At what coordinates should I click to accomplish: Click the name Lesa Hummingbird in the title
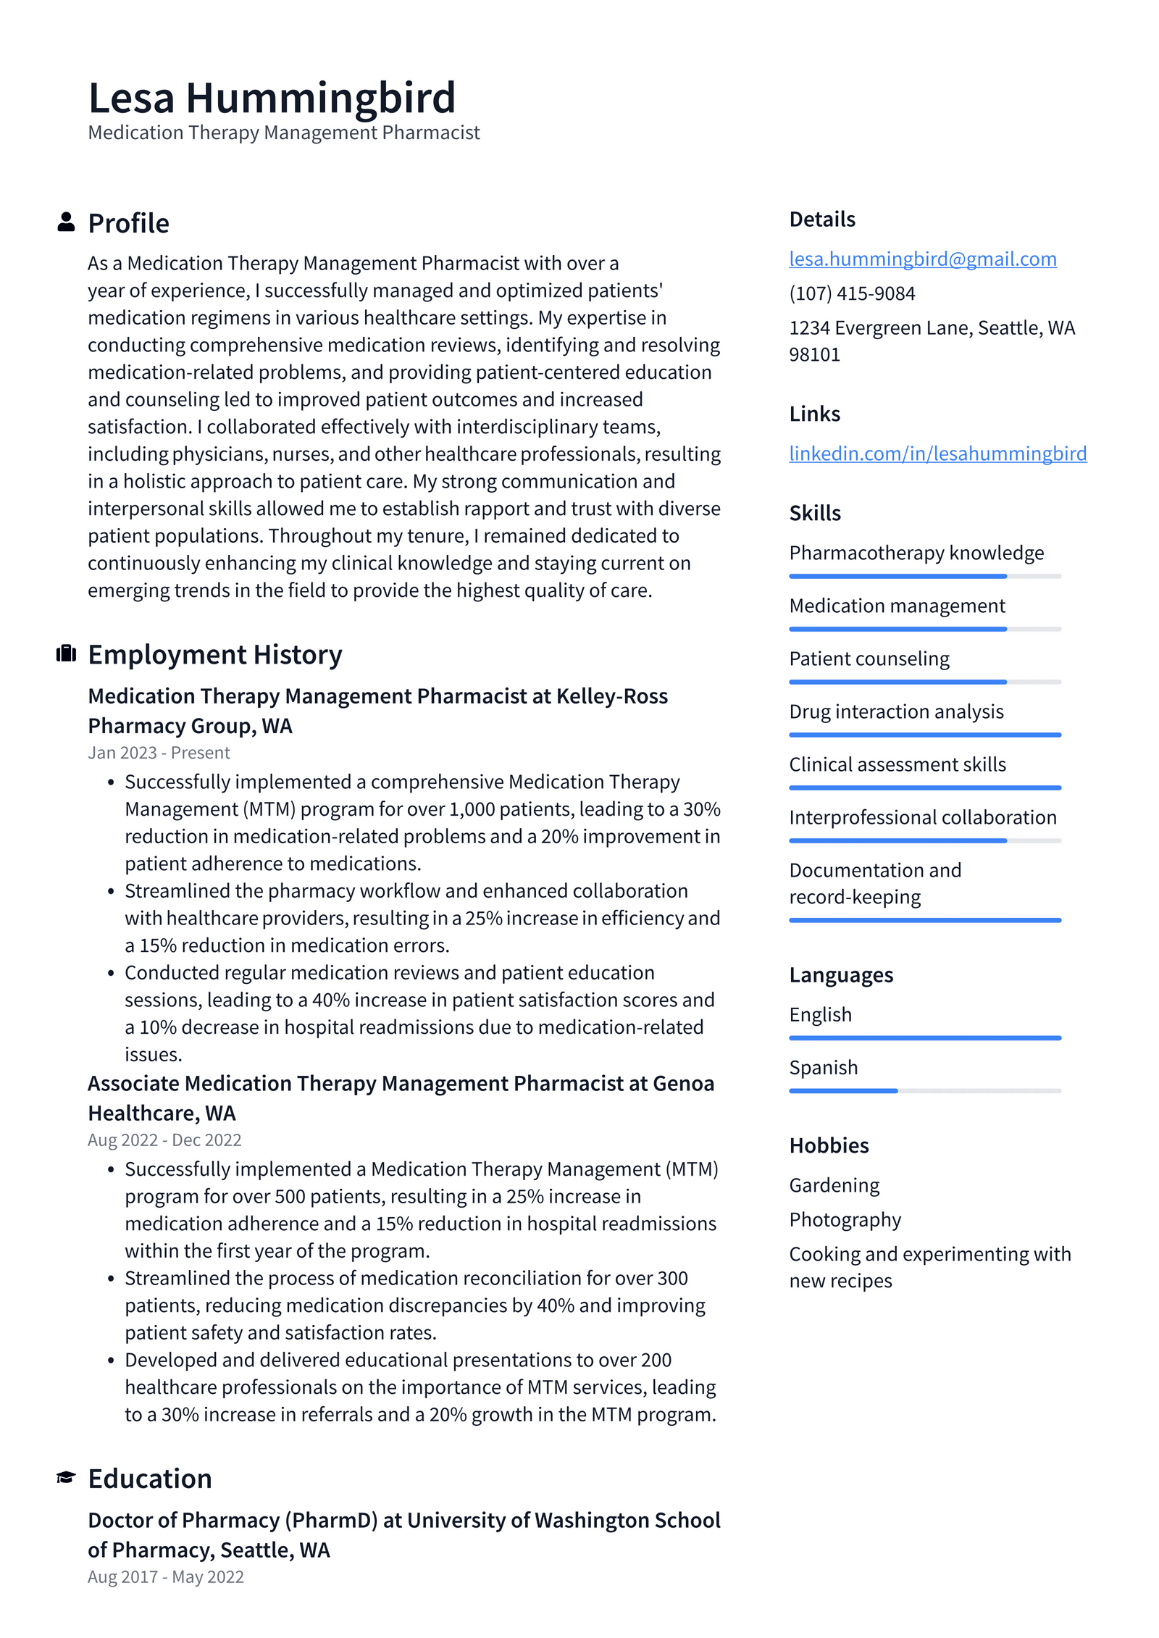(x=272, y=98)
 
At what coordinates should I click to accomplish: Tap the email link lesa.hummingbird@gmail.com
(x=922, y=259)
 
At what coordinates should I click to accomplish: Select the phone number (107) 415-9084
(x=852, y=293)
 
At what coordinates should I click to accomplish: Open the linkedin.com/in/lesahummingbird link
(x=937, y=454)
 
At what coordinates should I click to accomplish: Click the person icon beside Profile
(x=66, y=222)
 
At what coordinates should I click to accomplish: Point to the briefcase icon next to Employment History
(x=66, y=653)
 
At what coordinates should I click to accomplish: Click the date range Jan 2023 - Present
(x=159, y=753)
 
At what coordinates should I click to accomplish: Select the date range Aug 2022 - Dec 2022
(x=164, y=1140)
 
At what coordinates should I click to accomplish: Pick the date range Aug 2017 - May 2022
(x=166, y=1576)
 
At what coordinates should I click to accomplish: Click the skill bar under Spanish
(x=924, y=1090)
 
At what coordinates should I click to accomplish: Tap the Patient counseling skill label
(x=869, y=659)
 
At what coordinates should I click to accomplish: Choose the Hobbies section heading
(x=829, y=1145)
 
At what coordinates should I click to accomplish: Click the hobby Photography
(x=845, y=1219)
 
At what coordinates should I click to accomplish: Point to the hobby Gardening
(x=834, y=1185)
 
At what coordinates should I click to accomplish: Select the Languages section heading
(x=841, y=975)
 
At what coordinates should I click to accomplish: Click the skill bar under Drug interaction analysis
(x=924, y=735)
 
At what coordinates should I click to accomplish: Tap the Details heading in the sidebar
(x=822, y=220)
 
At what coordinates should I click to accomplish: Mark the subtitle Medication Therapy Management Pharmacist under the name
(x=283, y=133)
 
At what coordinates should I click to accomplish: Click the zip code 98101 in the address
(x=814, y=355)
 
